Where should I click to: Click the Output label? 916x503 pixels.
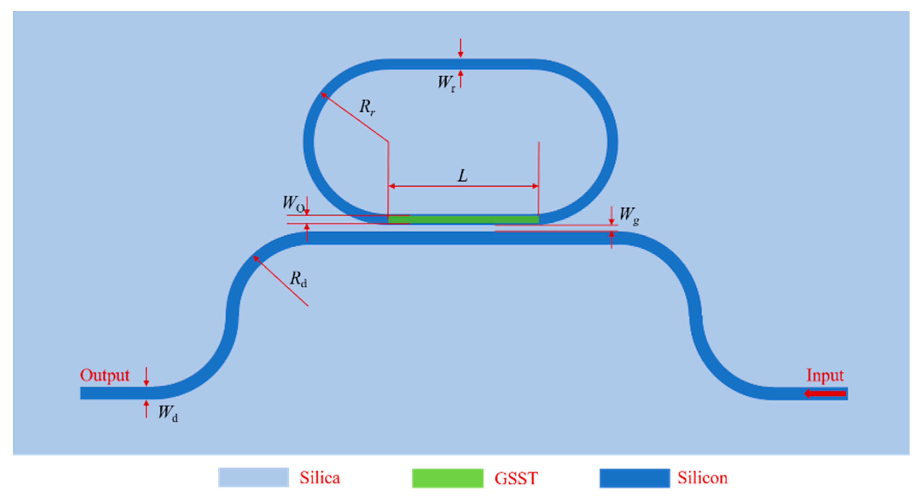tap(104, 375)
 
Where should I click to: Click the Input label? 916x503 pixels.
tap(825, 375)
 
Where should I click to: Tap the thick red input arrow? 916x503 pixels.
tap(825, 393)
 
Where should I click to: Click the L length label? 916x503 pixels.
tap(462, 176)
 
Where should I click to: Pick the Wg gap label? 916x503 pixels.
tap(629, 215)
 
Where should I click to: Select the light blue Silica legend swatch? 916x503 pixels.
tap(253, 477)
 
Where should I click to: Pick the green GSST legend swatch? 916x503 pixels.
tap(447, 478)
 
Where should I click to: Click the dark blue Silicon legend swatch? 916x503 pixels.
tap(634, 478)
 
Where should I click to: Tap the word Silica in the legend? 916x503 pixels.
tap(319, 478)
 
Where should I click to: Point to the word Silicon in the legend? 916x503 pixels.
tap(702, 478)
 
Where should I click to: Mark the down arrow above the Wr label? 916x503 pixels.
tap(461, 48)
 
